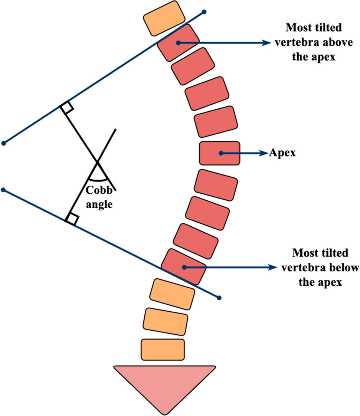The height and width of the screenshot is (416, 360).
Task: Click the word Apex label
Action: point(282,153)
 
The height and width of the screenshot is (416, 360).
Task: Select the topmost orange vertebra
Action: point(164,19)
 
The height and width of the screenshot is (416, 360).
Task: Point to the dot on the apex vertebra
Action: point(220,153)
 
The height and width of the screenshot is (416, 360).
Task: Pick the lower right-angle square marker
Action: point(72,219)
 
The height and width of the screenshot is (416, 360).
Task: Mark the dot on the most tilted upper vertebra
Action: point(179,43)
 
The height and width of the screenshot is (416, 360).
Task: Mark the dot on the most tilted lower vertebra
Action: point(184,267)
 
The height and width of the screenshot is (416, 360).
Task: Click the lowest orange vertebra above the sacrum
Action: point(163,349)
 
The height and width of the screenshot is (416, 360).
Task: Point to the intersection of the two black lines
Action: point(97,162)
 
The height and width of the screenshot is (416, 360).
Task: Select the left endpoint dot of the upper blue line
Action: point(4,143)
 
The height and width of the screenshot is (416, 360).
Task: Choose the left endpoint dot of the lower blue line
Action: point(3,190)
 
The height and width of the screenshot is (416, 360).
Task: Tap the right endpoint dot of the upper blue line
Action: point(204,13)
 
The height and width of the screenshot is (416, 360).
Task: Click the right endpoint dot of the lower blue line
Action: point(219,298)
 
